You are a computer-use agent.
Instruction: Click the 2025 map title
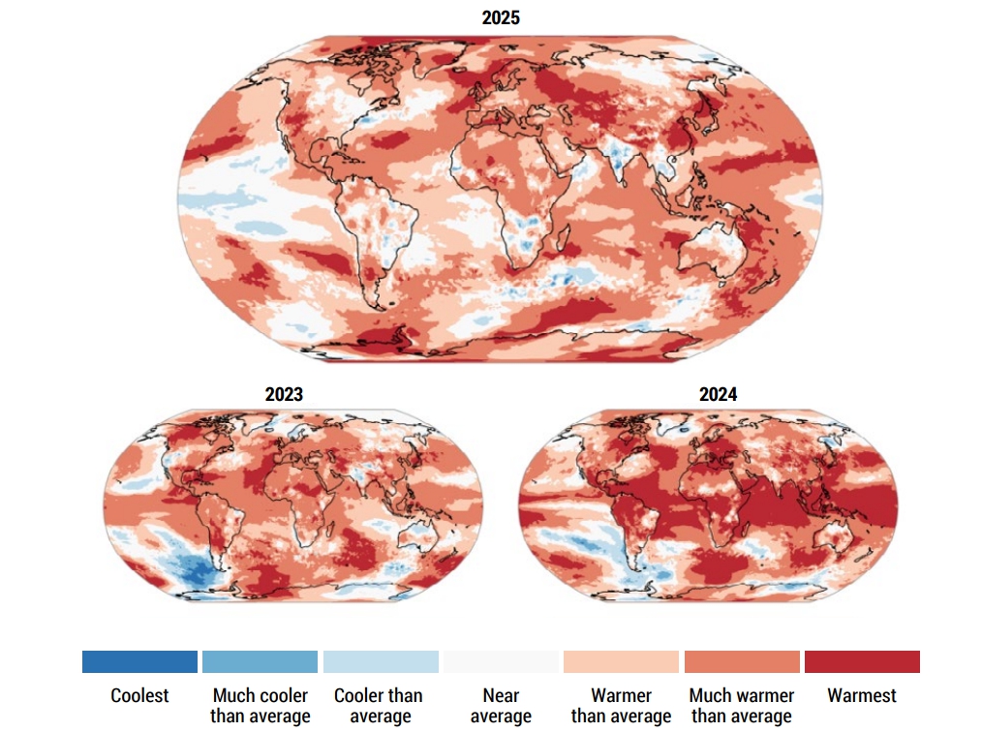[501, 18]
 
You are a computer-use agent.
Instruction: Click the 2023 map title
[284, 394]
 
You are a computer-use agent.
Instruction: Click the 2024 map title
[718, 394]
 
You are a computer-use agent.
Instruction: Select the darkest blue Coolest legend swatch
[139, 661]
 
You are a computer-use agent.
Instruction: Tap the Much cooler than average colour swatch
[260, 661]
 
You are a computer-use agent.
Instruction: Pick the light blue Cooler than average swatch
[380, 661]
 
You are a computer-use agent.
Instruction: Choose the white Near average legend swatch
[501, 661]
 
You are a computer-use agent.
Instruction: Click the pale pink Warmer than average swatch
[621, 661]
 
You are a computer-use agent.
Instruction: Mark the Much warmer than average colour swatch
[742, 661]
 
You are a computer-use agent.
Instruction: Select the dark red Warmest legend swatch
[862, 661]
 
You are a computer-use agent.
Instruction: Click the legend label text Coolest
[139, 695]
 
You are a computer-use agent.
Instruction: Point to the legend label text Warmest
[862, 695]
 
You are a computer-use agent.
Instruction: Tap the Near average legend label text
[501, 706]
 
